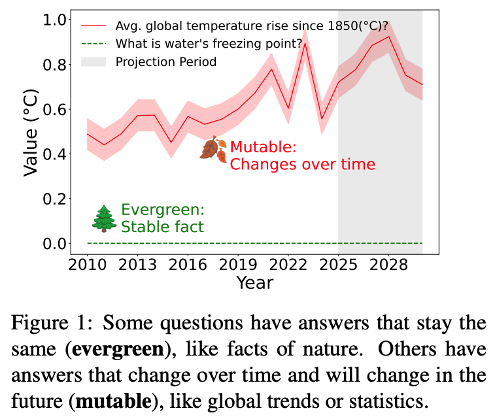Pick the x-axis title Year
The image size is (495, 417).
[x=254, y=282]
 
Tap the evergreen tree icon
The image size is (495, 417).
[x=103, y=218]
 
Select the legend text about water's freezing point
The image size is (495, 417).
[x=209, y=44]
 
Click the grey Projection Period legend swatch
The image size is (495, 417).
[x=94, y=62]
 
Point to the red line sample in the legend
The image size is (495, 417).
[x=94, y=27]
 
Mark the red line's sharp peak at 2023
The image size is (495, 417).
[x=305, y=43]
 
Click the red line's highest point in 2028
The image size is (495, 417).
[x=389, y=37]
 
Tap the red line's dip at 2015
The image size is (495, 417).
[x=171, y=142]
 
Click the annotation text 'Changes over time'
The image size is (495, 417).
[x=303, y=164]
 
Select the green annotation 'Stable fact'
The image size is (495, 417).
[x=163, y=227]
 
